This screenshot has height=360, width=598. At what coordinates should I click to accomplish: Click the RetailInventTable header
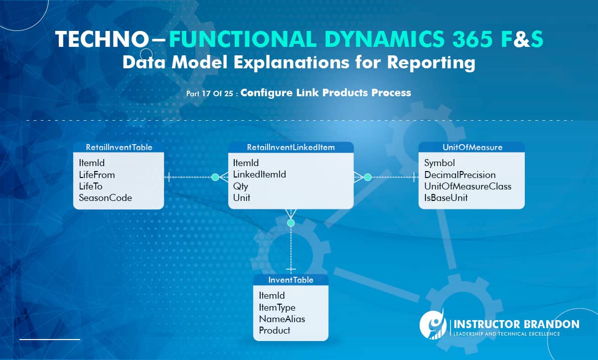click(x=119, y=148)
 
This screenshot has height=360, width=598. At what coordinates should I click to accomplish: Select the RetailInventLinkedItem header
click(x=291, y=148)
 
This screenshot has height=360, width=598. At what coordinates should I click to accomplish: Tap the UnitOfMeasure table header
click(x=471, y=148)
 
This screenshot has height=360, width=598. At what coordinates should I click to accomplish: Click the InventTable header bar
click(x=291, y=280)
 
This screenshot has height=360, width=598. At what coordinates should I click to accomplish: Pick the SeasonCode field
click(x=105, y=198)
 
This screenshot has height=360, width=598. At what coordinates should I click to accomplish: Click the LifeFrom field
click(x=97, y=175)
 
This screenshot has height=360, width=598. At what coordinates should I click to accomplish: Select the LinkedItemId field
click(x=259, y=175)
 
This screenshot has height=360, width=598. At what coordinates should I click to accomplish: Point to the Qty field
click(x=241, y=186)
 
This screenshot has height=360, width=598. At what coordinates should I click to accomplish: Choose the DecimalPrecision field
click(x=459, y=175)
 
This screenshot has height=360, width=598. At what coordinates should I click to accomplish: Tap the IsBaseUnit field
click(x=446, y=198)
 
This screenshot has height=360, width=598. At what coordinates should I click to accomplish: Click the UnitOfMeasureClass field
click(x=467, y=186)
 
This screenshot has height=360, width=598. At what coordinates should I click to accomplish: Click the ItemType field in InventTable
click(x=277, y=308)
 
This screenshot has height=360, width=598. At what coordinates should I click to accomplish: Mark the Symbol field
click(x=439, y=163)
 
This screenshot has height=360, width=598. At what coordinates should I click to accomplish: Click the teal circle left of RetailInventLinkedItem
click(x=215, y=177)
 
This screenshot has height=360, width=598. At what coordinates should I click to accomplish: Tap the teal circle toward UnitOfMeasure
click(x=368, y=177)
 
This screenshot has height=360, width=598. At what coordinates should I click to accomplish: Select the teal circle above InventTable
click(x=291, y=222)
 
